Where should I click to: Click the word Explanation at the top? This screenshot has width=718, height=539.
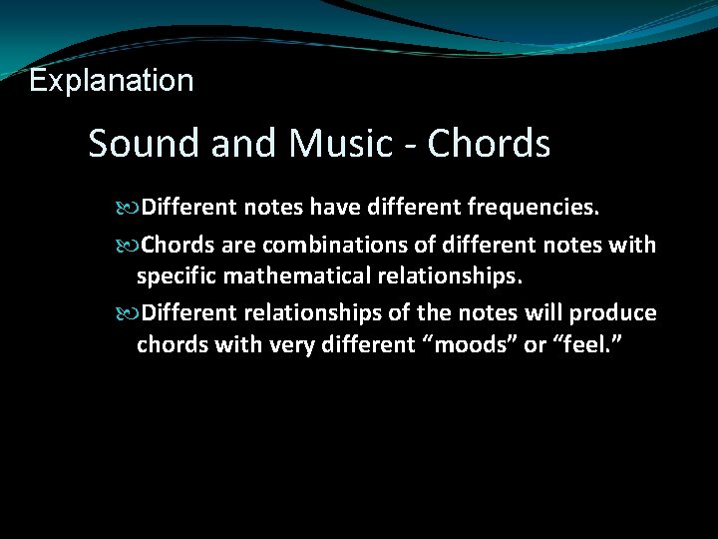(x=112, y=80)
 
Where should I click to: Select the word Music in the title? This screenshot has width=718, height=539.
(x=339, y=144)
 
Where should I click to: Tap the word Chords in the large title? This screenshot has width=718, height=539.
(x=489, y=144)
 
